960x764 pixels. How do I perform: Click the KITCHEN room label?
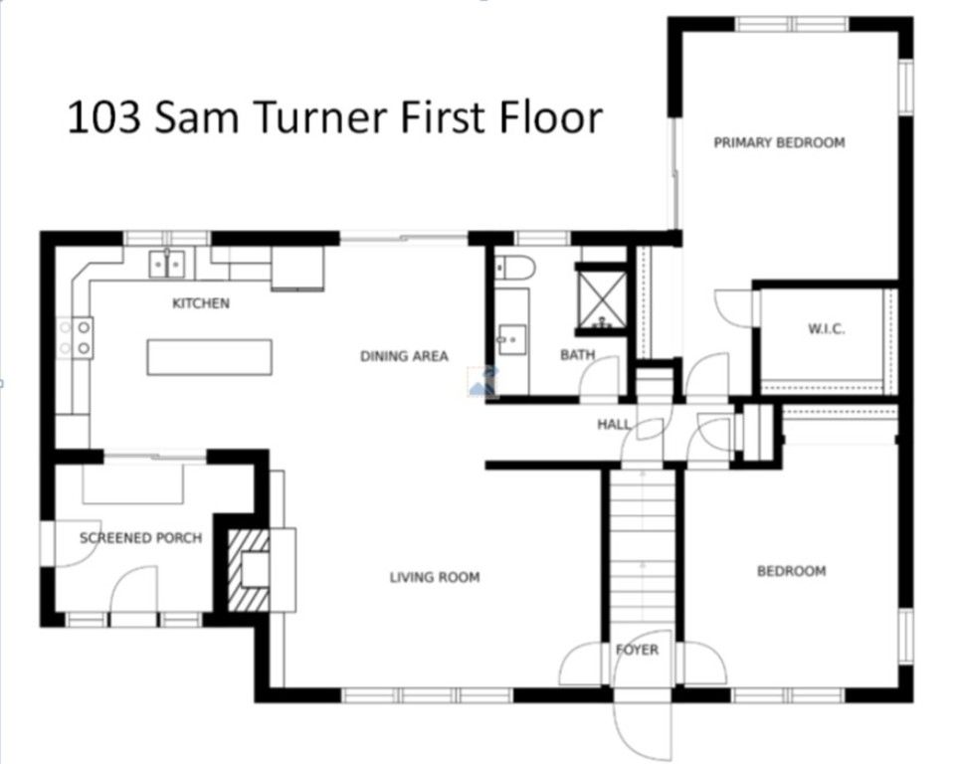pos(201,303)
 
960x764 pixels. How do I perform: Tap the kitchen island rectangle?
pos(209,357)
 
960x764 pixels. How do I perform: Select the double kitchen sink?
pos(166,265)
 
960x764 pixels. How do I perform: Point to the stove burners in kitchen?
pos(76,337)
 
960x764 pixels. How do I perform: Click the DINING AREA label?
pos(404,356)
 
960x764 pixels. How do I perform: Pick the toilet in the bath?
pos(514,268)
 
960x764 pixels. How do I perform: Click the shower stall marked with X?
pos(603,299)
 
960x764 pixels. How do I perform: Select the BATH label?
pos(577,354)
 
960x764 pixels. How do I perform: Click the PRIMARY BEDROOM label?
pos(779,142)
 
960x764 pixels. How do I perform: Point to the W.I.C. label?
pos(827,328)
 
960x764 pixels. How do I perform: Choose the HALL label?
pos(614,424)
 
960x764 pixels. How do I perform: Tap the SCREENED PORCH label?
pos(141,538)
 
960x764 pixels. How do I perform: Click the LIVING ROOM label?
pos(435,577)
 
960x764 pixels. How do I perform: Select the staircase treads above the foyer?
pos(643,551)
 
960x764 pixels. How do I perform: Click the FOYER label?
pos(638,651)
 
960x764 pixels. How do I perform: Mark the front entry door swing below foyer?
pos(643,728)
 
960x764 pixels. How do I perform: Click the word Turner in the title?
pos(319,117)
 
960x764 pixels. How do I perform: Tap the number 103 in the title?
pos(104,117)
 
